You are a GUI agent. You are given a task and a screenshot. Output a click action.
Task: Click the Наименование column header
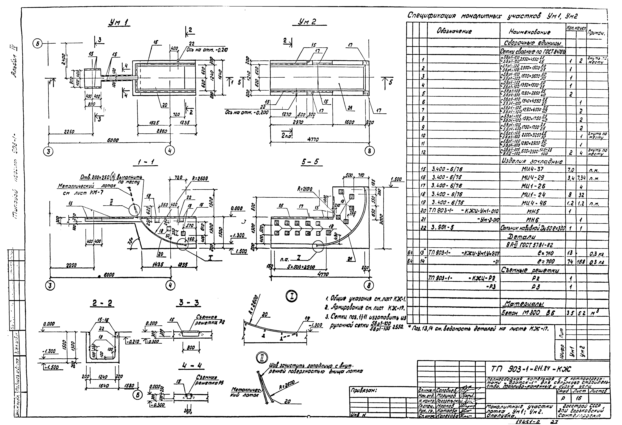click(530, 32)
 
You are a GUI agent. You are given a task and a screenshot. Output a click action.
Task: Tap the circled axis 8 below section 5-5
click(369, 286)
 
